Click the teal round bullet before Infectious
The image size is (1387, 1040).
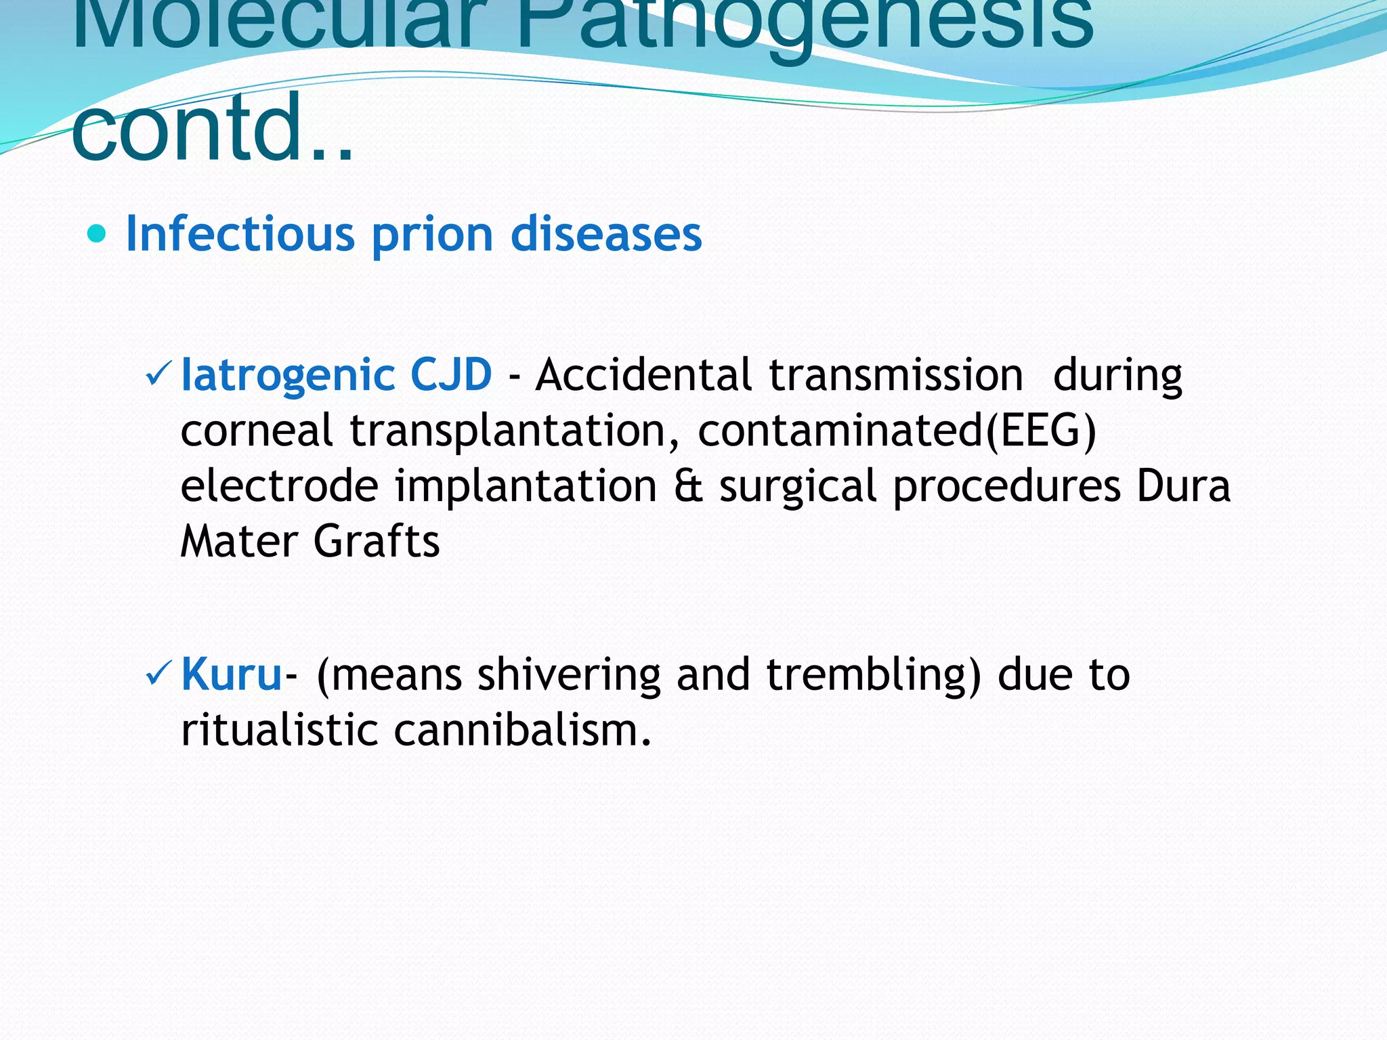click(x=98, y=234)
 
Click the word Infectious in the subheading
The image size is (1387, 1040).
click(x=240, y=234)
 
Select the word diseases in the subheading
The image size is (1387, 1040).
click(x=606, y=234)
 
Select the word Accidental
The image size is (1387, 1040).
click(x=643, y=374)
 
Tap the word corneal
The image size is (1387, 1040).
click(x=257, y=431)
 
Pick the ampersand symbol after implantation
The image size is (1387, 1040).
click(x=688, y=486)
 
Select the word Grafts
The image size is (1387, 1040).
click(x=377, y=542)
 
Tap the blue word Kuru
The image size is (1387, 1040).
click(x=232, y=674)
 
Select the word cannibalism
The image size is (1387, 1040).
click(x=523, y=730)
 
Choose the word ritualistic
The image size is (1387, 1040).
click(x=279, y=730)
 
